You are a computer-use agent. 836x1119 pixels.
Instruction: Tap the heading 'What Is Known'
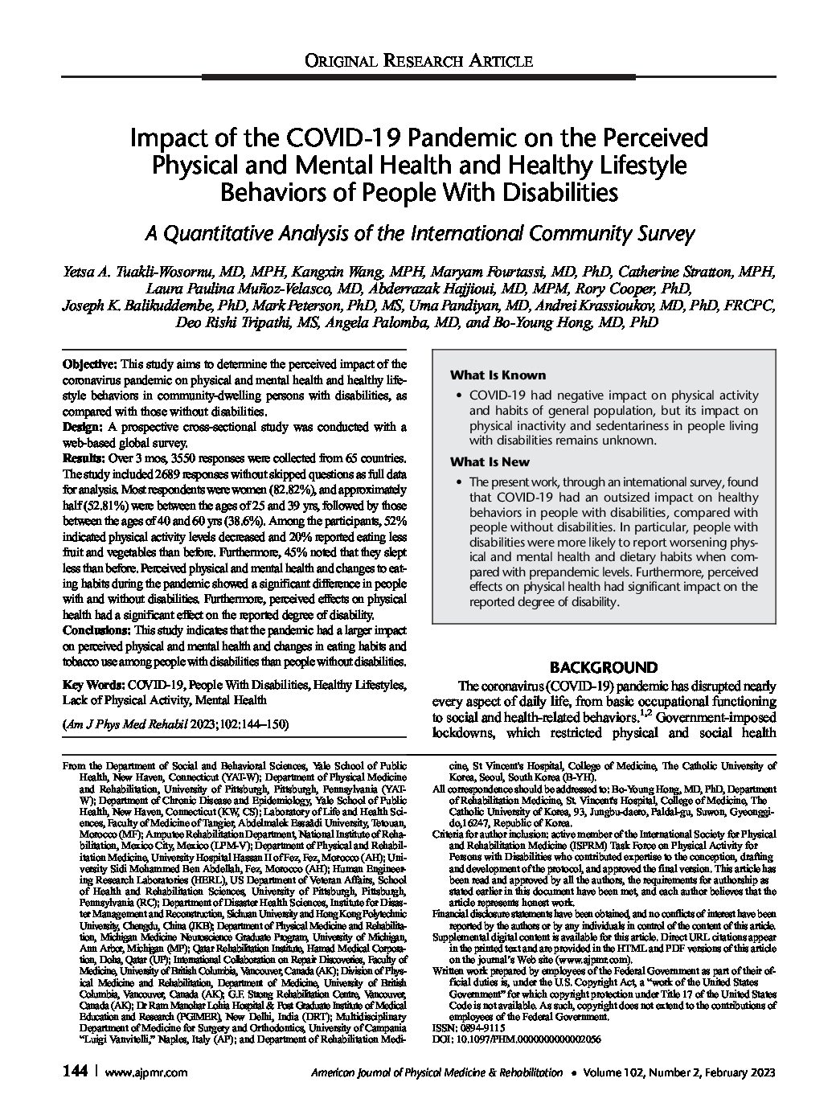pos(497,375)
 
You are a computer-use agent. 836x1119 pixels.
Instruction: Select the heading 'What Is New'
pos(490,461)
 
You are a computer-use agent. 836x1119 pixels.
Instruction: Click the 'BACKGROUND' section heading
pos(603,667)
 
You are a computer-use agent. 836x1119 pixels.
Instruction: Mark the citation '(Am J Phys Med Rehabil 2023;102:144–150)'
pos(176,723)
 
